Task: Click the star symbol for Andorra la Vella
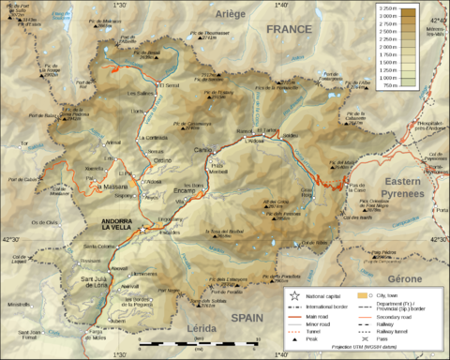click(x=142, y=229)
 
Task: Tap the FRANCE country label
click(x=288, y=29)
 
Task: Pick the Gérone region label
click(x=405, y=279)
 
